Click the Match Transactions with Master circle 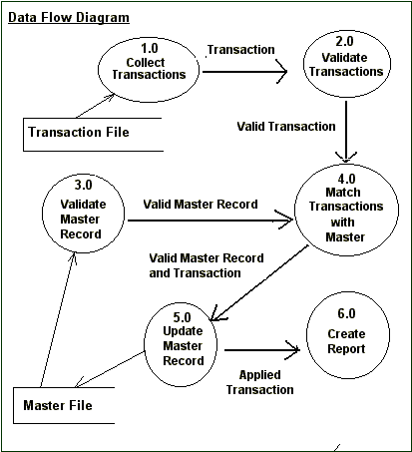pos(344,213)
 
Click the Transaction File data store pos(90,132)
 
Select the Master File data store pos(70,405)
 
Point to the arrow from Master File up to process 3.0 pos(58,319)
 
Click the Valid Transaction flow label pos(285,126)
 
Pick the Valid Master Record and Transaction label pos(206,264)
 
